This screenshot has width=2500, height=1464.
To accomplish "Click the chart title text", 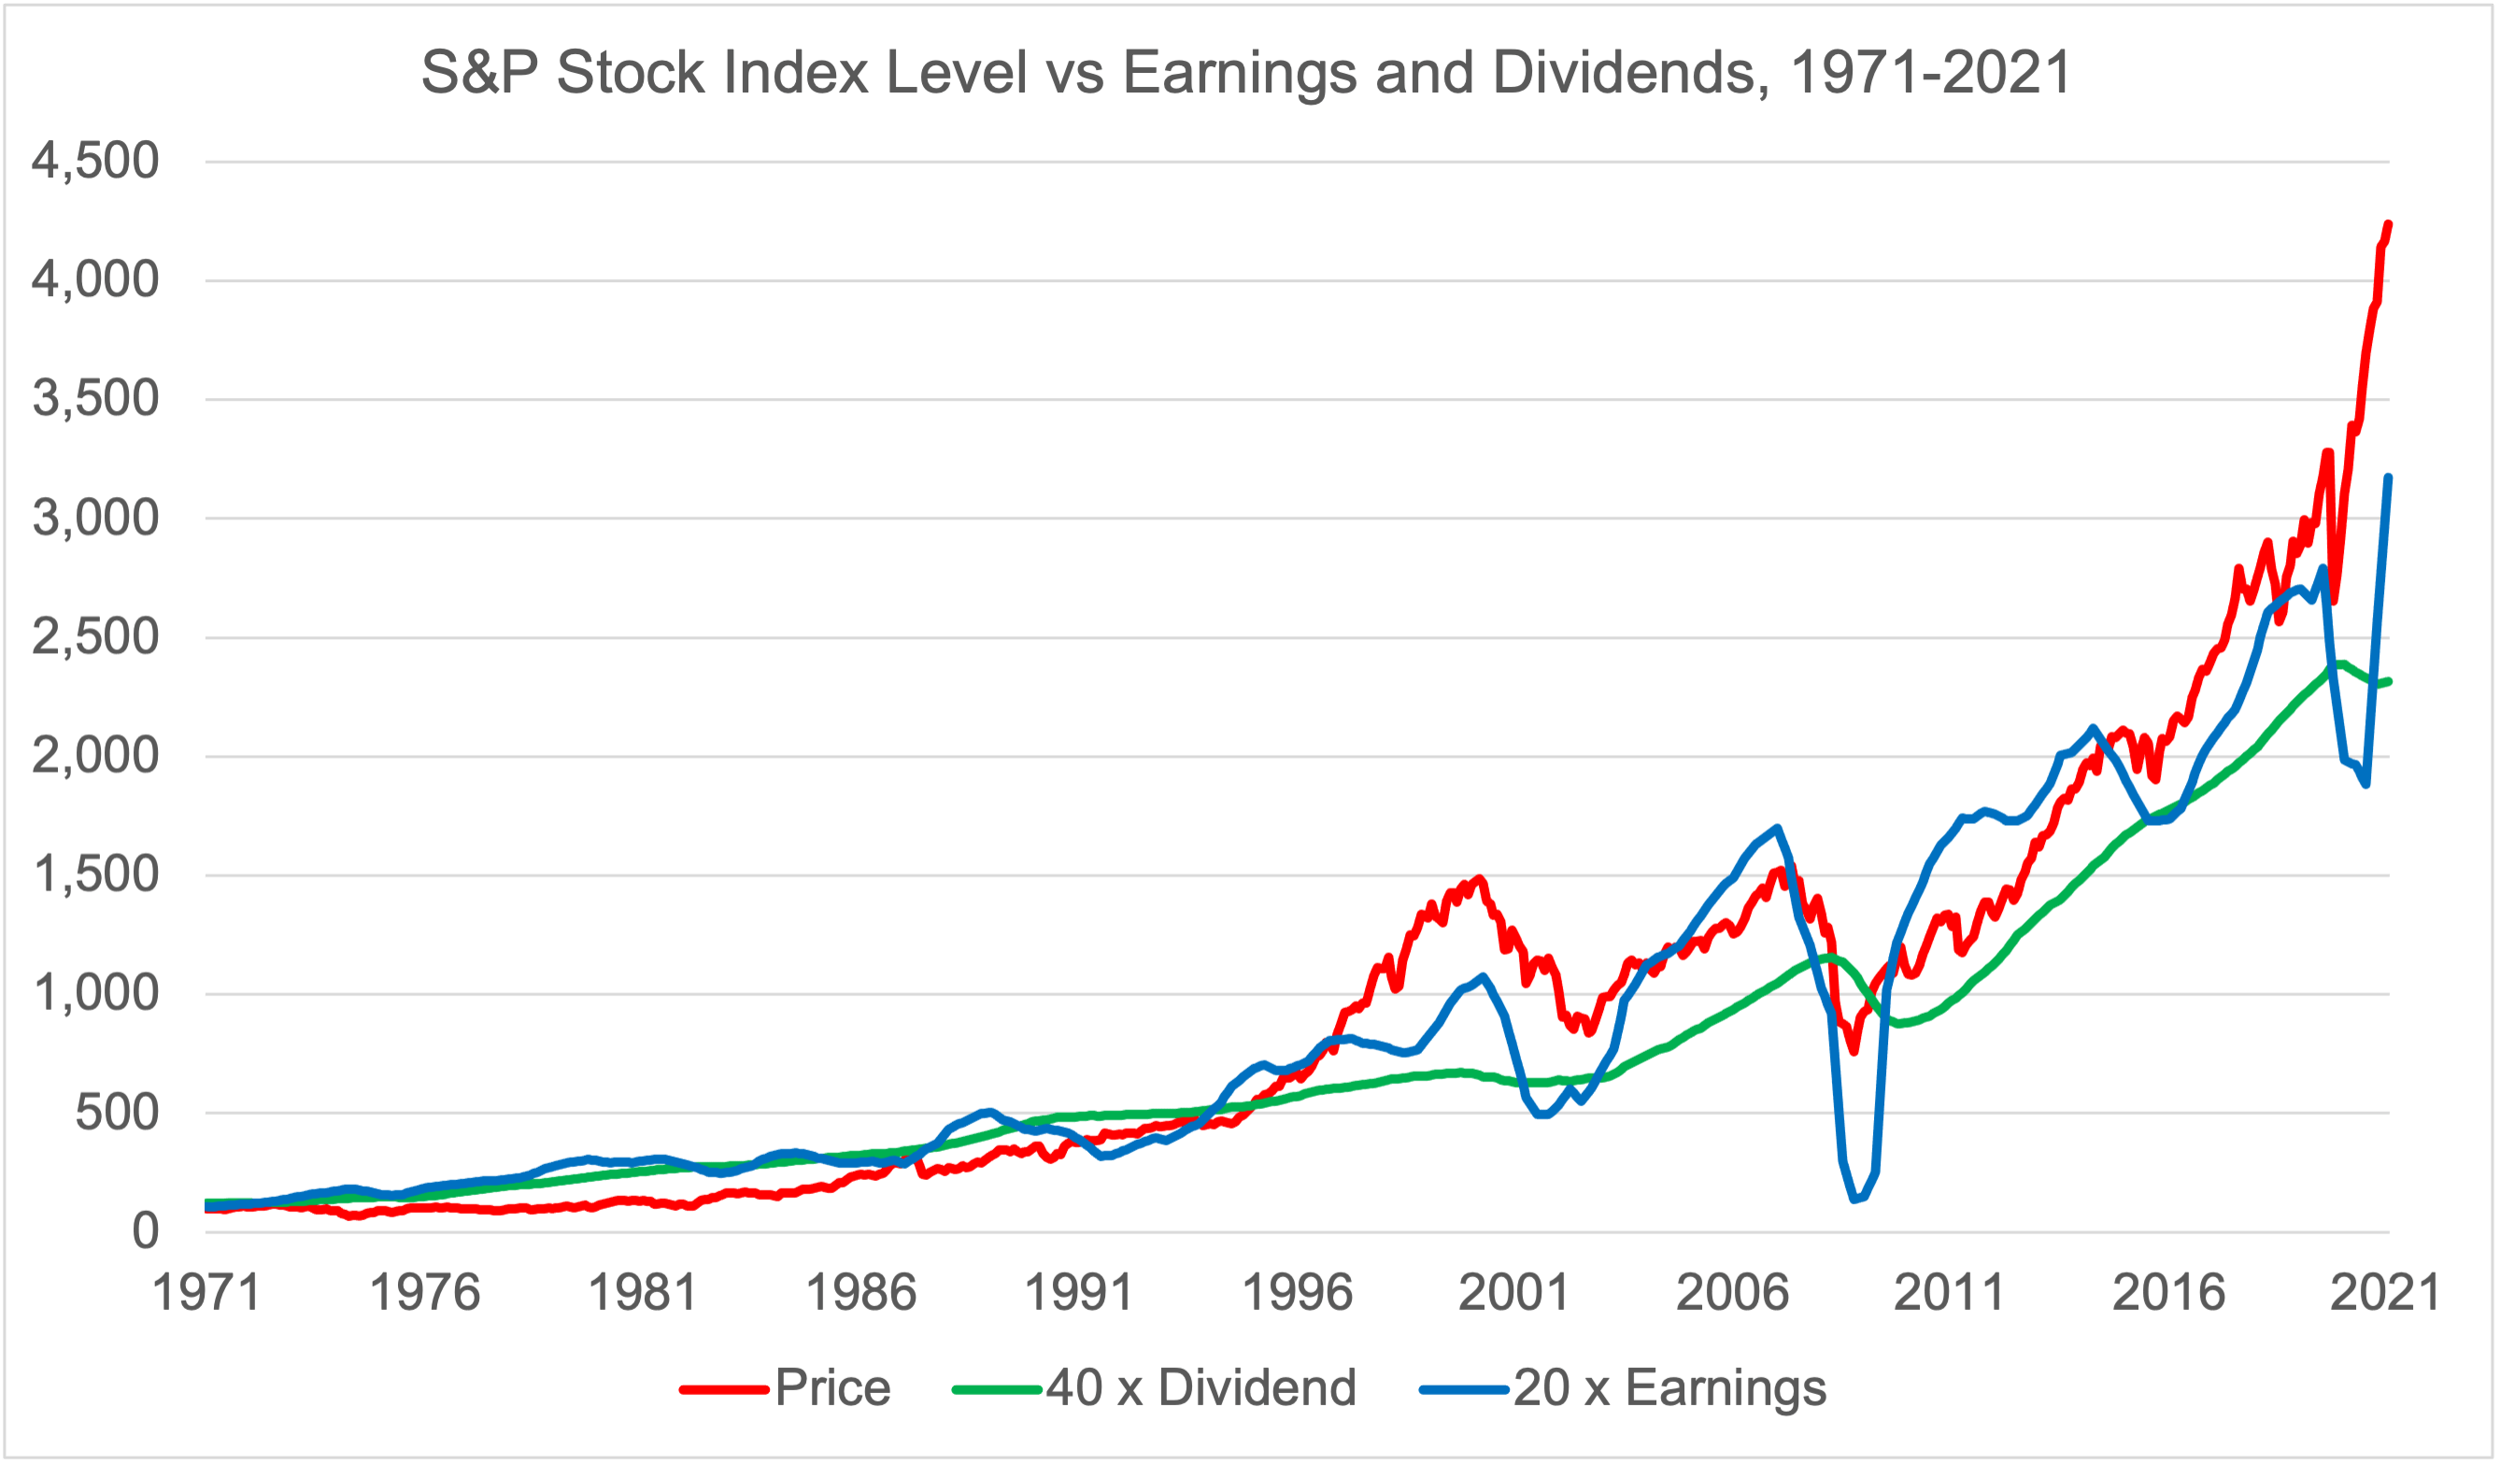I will point(1247,73).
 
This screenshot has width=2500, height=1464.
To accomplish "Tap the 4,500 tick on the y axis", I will point(95,161).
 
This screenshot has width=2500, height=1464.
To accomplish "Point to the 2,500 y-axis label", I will point(95,637).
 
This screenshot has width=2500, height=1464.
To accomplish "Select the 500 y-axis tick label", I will point(117,1113).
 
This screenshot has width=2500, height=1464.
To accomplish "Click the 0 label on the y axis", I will point(145,1232).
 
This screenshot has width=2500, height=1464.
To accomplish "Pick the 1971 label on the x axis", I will point(206,1293).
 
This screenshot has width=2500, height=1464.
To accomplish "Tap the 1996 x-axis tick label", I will point(1297,1293).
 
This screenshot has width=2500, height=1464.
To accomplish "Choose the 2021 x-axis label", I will point(2385,1293).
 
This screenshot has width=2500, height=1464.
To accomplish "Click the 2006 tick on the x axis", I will point(1732,1293).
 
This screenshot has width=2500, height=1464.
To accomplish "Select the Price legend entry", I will point(786,1387).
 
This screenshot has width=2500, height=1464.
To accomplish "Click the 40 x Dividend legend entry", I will point(1155,1387).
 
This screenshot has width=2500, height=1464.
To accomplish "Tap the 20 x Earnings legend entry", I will point(1623,1387).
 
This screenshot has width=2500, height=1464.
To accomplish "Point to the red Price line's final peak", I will point(2388,224).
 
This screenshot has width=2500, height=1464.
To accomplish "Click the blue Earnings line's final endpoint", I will point(2388,478).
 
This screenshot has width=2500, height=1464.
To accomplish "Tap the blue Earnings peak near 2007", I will point(1776,827).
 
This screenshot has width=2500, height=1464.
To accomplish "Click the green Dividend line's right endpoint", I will point(2389,681).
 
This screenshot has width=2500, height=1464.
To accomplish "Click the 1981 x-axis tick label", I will point(643,1293).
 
